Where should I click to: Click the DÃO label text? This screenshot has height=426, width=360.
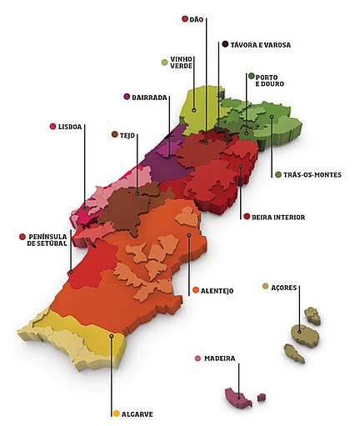pos(197,18)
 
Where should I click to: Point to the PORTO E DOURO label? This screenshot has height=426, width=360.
pos(268,80)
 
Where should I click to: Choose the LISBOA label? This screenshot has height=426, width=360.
pos(71,127)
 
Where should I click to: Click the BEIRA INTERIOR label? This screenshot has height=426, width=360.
pos(278,217)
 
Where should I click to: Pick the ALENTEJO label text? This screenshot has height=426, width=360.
pos(218,290)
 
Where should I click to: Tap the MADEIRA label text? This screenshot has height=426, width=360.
pos(220,358)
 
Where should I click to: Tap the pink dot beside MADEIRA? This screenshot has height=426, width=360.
pos(197,358)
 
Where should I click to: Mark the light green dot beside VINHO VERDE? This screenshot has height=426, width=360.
pos(164,62)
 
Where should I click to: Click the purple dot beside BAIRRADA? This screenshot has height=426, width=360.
pos(127,97)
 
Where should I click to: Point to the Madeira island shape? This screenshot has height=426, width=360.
pos(238,397)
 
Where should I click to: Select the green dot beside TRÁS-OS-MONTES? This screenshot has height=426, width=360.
pos(278,174)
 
